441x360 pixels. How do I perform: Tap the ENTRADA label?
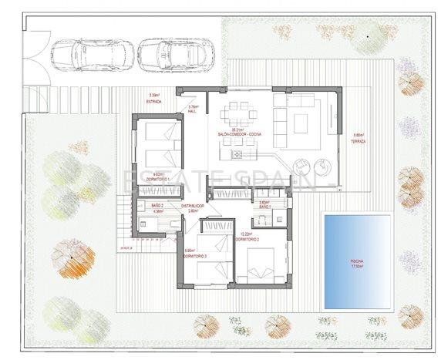click(155, 101)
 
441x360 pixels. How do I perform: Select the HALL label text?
click(194, 111)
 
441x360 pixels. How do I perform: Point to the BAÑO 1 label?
click(264, 207)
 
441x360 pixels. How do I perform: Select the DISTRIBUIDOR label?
click(192, 207)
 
